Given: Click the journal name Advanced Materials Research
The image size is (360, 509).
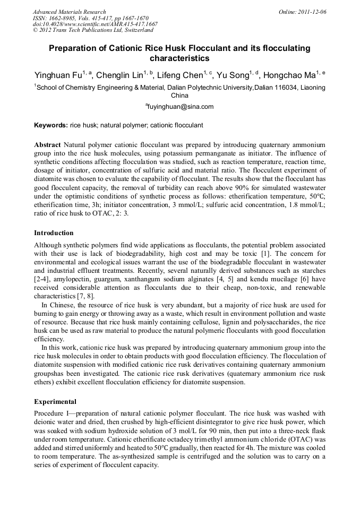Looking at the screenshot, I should [69, 12].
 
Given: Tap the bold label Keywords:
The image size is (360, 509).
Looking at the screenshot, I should [51, 125].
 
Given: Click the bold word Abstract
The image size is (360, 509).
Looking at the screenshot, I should [47, 145].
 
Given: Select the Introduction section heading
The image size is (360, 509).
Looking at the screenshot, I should [54, 232].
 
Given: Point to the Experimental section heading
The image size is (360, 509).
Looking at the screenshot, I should [55, 401].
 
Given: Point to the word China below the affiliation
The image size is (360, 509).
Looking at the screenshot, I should [179, 96].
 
